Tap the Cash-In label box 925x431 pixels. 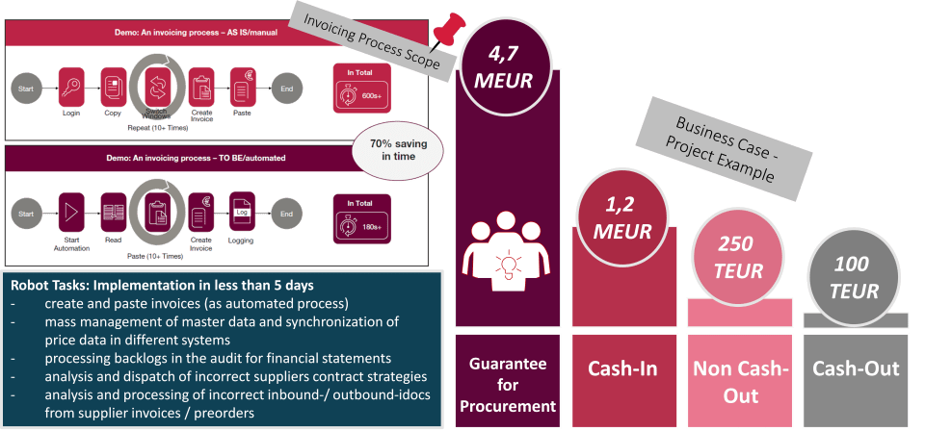(x=621, y=368)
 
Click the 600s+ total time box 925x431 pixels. (x=361, y=87)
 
